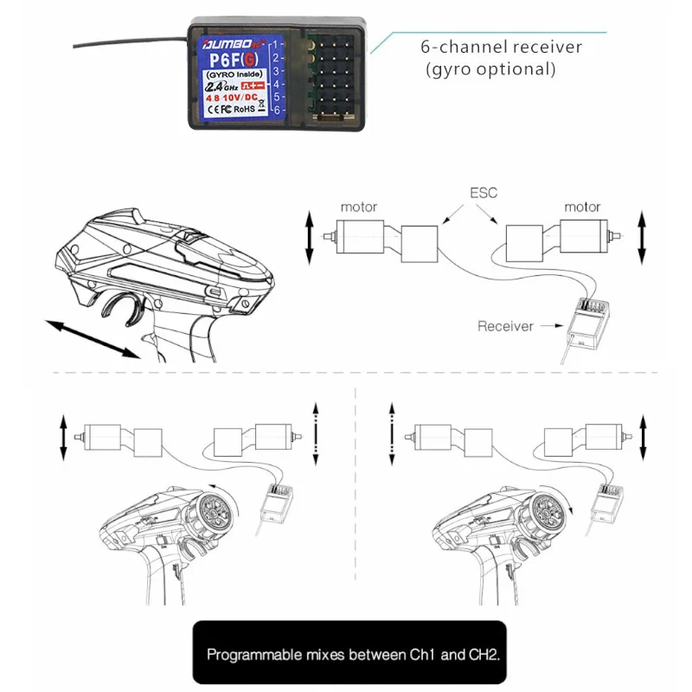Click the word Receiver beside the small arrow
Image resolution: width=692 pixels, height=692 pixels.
pyautogui.click(x=504, y=326)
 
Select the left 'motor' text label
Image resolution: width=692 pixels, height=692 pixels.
pyautogui.click(x=358, y=207)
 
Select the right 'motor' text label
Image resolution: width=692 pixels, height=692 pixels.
pyautogui.click(x=582, y=207)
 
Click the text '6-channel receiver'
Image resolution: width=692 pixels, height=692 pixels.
pyautogui.click(x=501, y=47)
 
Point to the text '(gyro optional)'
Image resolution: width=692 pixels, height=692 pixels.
pyautogui.click(x=490, y=68)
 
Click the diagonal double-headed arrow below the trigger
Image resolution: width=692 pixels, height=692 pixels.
pyautogui.click(x=93, y=338)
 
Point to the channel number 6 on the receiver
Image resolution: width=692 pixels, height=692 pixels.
pyautogui.click(x=276, y=110)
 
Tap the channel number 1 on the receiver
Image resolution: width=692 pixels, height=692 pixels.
pyautogui.click(x=276, y=43)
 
